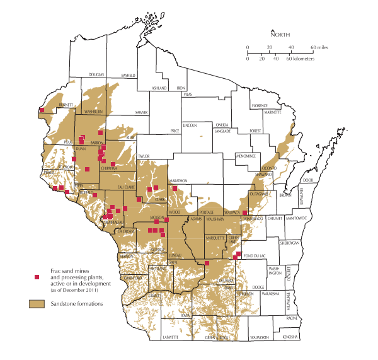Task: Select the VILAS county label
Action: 187,94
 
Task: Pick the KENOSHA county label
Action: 290,337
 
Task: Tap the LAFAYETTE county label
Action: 171,338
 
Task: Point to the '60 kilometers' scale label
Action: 302,58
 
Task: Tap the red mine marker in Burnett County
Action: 42,110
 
